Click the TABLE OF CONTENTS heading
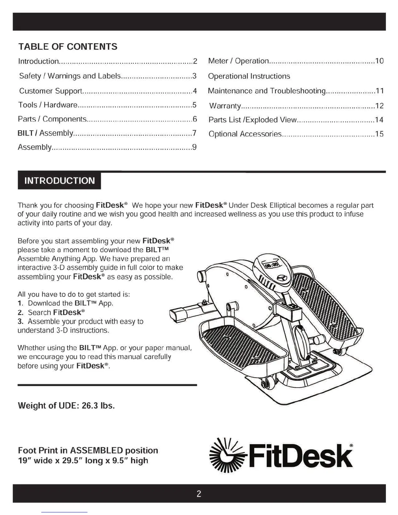click(68, 46)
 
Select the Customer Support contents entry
click(50, 91)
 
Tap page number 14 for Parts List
click(379, 120)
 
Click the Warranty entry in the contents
click(225, 106)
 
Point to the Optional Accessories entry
click(245, 134)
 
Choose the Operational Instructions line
click(249, 76)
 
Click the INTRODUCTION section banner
click(60, 181)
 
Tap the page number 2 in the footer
click(199, 494)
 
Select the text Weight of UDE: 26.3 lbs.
click(66, 406)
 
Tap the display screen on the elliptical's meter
click(272, 264)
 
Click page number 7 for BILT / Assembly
click(194, 133)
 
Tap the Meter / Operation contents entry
click(238, 61)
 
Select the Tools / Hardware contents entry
click(48, 105)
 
